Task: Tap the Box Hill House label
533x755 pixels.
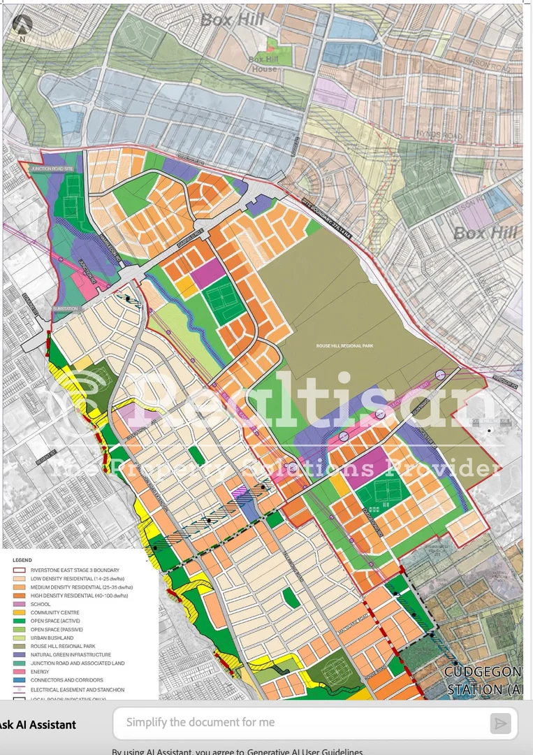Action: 263,64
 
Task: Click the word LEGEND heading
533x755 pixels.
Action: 22,561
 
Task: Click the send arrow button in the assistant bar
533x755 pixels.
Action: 500,723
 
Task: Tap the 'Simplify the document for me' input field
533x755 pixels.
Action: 300,723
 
